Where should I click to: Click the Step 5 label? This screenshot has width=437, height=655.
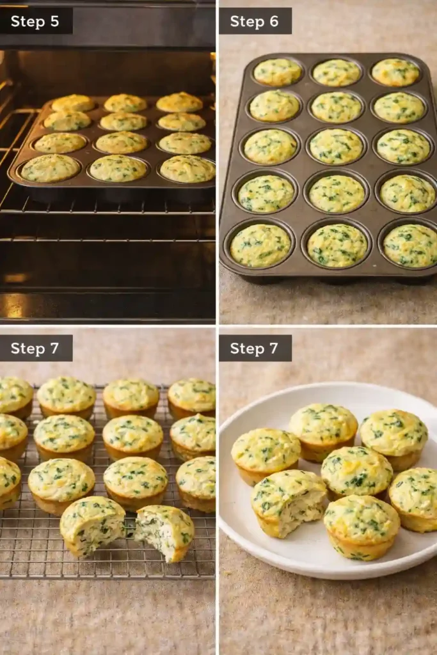tap(35, 22)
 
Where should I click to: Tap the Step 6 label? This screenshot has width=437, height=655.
tap(255, 22)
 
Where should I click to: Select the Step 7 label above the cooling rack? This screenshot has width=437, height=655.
tap(35, 349)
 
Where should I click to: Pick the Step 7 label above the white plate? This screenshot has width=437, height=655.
tap(255, 349)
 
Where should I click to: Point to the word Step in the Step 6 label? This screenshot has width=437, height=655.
tap(246, 22)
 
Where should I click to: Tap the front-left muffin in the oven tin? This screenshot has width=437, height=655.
tap(50, 168)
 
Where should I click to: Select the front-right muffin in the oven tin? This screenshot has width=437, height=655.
tap(187, 169)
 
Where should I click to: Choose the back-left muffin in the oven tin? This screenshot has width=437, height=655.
tap(73, 102)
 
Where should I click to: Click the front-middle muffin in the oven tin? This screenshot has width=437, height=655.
tap(118, 168)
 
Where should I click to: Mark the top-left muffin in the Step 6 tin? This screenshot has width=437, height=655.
tap(278, 72)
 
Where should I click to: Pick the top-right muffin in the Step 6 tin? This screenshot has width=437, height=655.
tap(396, 72)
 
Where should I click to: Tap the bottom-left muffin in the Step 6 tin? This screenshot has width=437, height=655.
tap(260, 246)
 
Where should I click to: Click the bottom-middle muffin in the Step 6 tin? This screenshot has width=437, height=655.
tap(337, 245)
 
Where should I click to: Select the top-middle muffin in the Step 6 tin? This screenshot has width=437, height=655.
tap(337, 72)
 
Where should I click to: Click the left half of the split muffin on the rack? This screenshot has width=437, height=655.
tap(93, 525)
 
